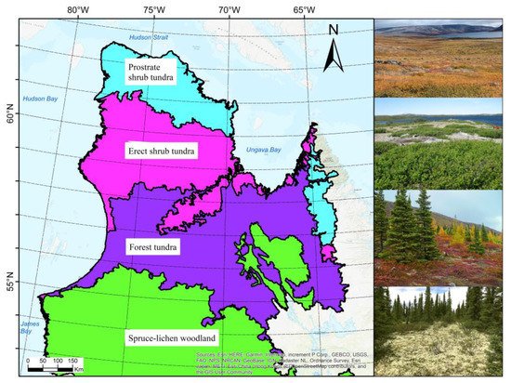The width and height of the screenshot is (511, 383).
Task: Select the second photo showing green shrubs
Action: pos(441,143)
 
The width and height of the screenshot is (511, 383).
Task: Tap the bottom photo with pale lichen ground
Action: pos(441,332)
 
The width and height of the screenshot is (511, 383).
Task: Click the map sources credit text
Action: pos(279,362)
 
